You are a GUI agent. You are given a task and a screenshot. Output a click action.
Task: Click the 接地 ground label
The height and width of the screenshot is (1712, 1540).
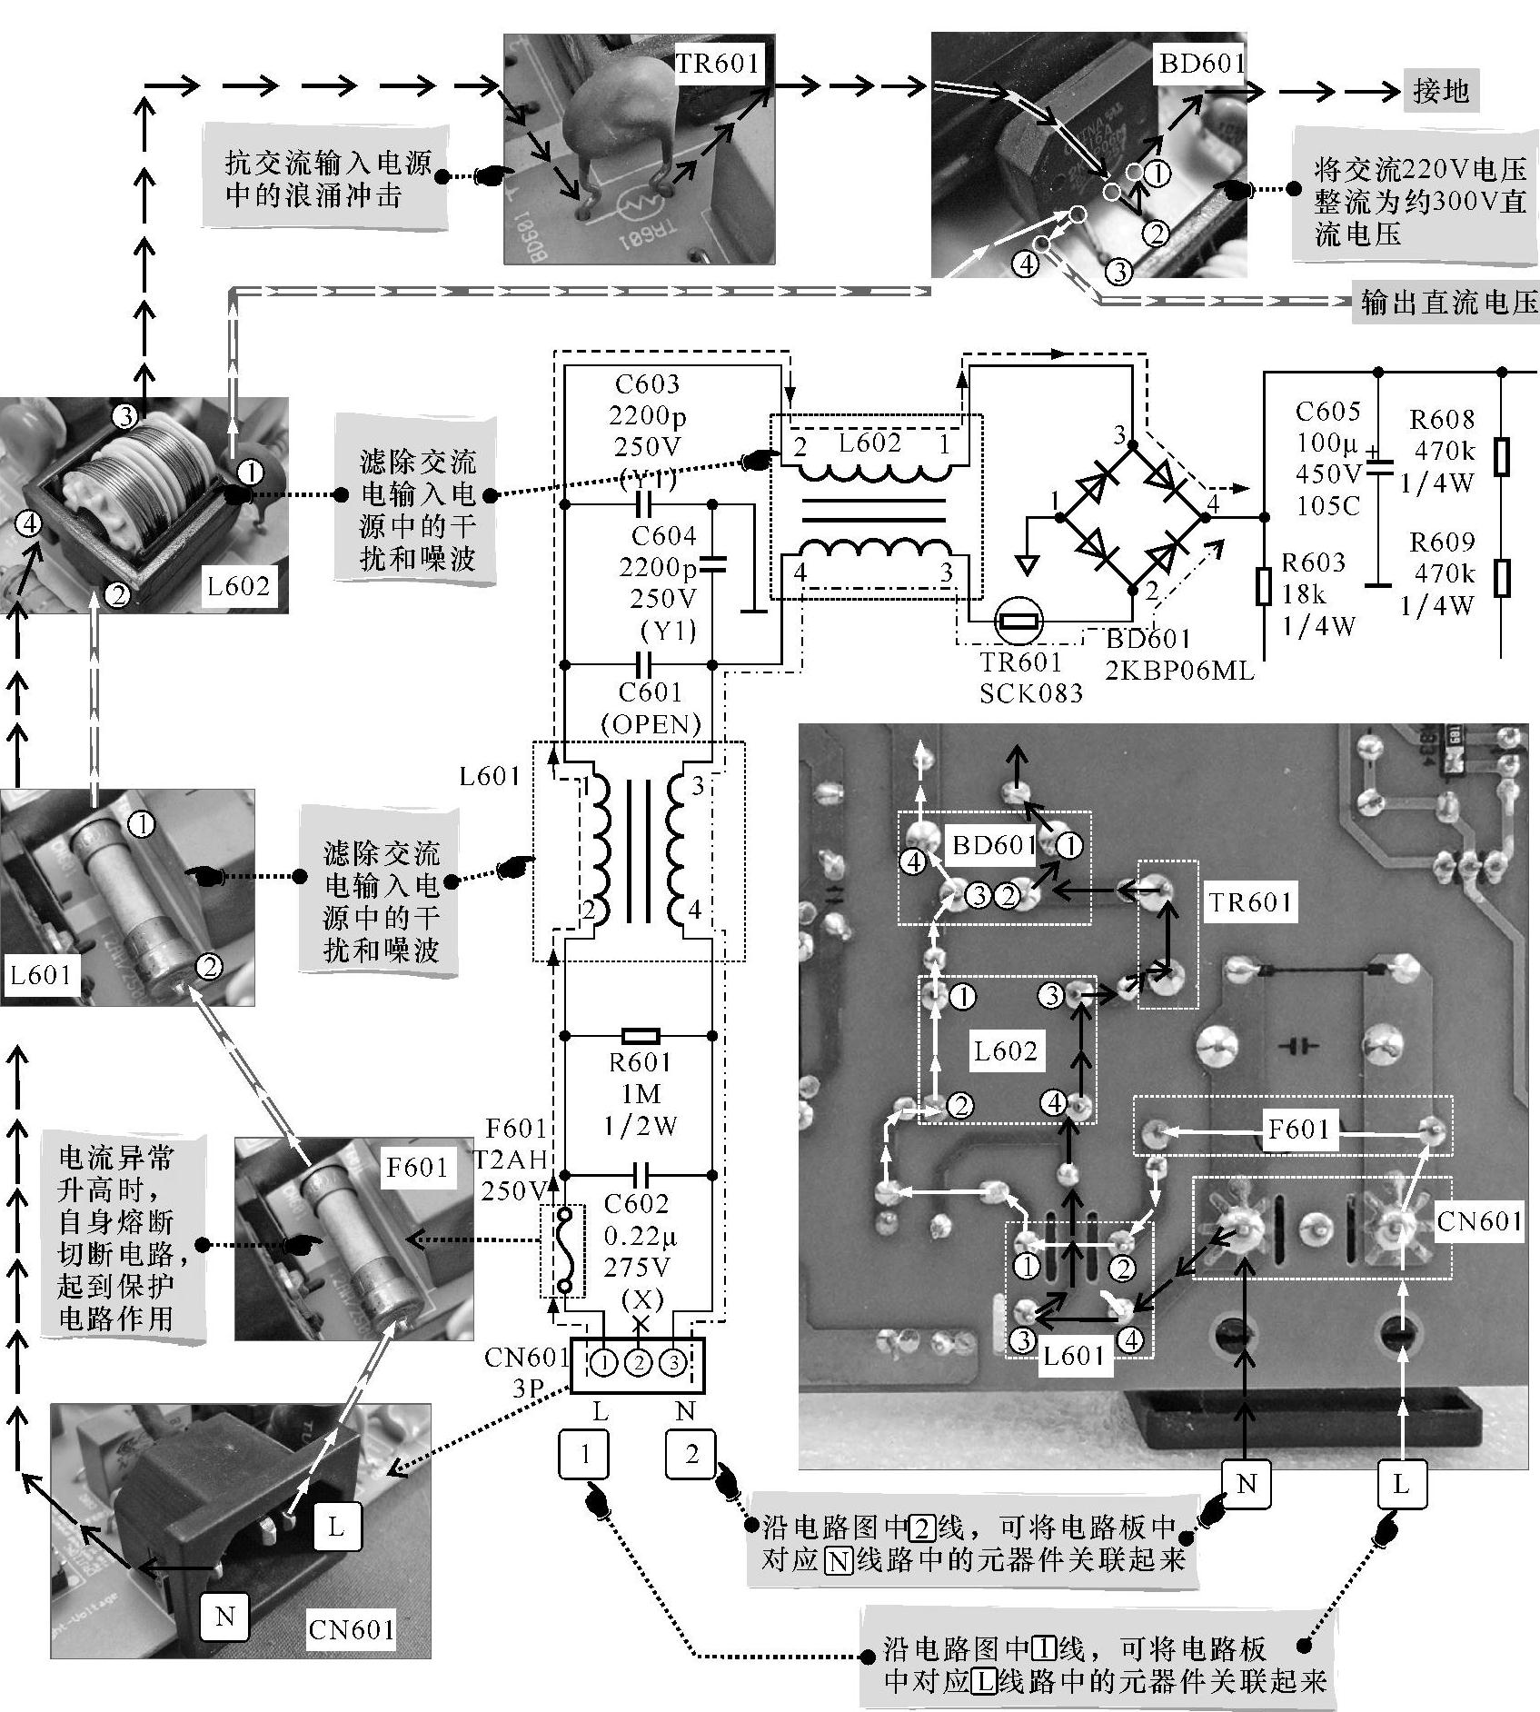point(1440,91)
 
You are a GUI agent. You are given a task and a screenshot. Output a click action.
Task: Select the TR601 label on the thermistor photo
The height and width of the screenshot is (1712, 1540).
point(716,63)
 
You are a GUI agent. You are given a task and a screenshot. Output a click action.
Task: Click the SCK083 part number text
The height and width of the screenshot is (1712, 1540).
point(1031,693)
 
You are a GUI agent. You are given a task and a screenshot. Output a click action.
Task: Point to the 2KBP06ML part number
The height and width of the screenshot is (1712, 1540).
point(1179,671)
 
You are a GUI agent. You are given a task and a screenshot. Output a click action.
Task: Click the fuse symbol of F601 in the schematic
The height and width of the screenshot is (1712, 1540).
point(564,1250)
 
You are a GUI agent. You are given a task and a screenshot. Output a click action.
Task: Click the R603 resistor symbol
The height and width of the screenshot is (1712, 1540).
point(1263,586)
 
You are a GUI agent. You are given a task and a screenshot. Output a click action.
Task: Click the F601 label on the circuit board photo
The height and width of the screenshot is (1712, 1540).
point(1297,1130)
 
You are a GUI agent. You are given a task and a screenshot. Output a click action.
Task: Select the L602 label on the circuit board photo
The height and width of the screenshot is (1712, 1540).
point(1005,1051)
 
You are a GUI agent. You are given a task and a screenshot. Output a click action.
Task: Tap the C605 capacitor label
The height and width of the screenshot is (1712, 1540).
point(1327,412)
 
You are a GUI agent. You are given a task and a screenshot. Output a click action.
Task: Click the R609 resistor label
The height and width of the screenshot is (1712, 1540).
point(1442,542)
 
